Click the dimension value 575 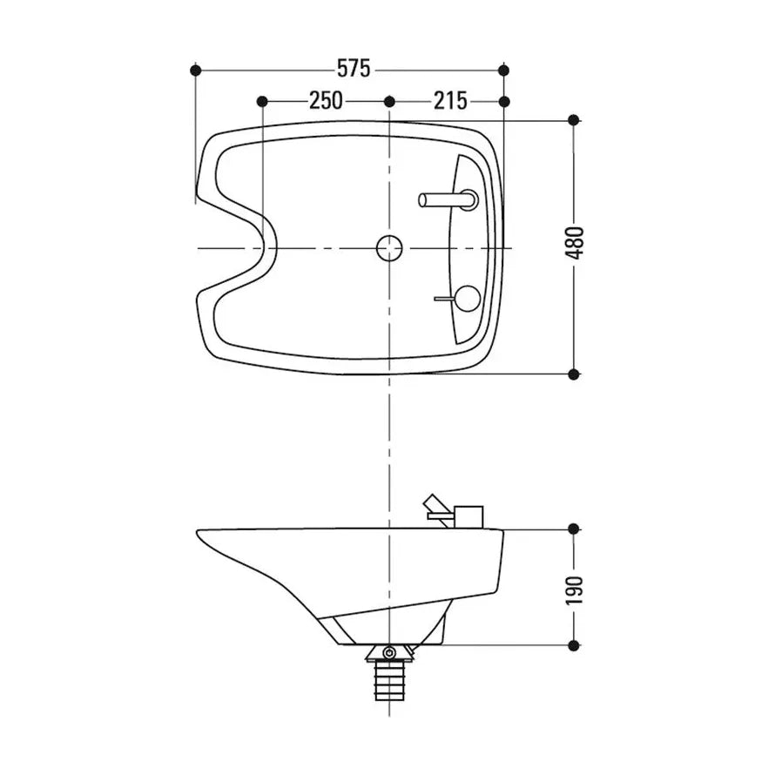(354, 69)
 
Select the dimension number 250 (326, 101)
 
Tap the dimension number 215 (450, 101)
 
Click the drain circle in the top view (389, 248)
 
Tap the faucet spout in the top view (444, 200)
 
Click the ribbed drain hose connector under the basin (389, 680)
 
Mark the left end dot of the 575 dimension (195, 70)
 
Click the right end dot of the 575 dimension (503, 70)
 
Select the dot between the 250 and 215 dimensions (389, 102)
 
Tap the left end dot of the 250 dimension (262, 102)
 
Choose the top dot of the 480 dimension (573, 120)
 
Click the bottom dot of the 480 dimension (573, 374)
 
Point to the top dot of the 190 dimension (573, 529)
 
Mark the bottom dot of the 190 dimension (573, 645)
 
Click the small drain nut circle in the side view (389, 652)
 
